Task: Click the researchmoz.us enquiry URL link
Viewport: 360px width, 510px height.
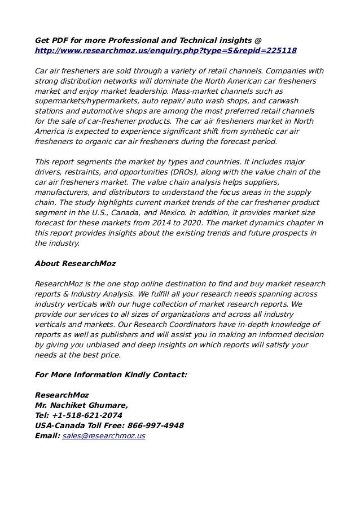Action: tap(165, 51)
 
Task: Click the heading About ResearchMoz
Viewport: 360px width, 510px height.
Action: tap(75, 263)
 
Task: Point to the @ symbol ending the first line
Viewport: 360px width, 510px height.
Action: tap(258, 41)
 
